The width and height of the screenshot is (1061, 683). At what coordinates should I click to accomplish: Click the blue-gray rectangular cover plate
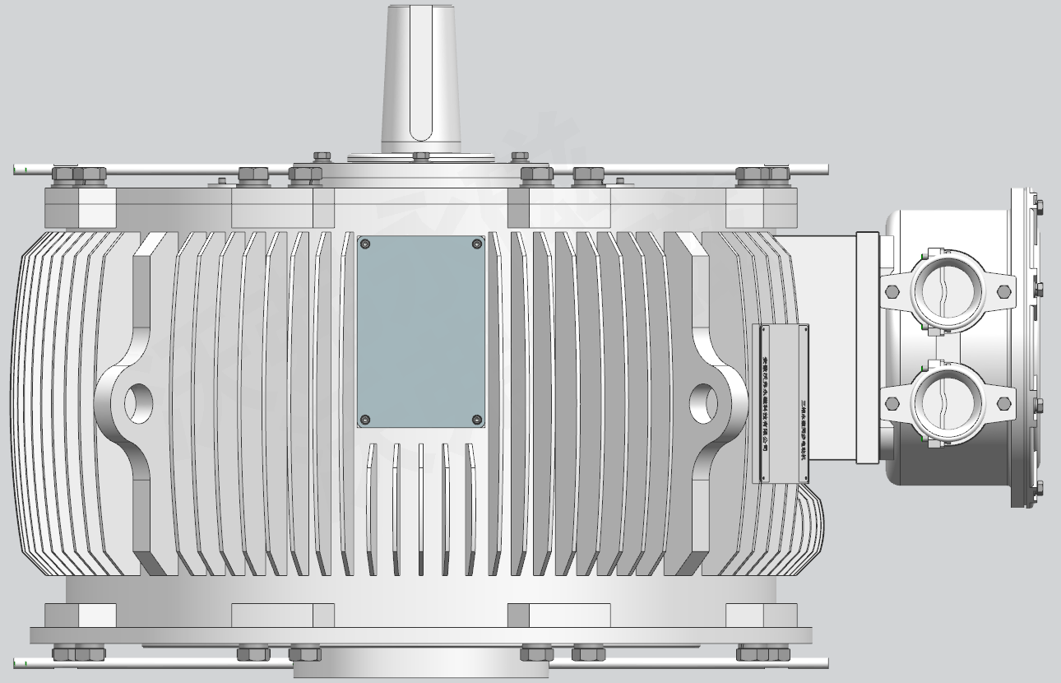421,332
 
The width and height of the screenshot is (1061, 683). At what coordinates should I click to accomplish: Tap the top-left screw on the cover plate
365,244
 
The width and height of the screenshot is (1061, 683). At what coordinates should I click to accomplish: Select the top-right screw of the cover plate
477,244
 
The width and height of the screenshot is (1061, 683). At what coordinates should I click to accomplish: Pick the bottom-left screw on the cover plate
365,420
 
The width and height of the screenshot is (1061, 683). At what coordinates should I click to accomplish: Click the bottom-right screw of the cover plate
477,420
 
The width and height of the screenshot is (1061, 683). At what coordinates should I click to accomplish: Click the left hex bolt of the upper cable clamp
892,291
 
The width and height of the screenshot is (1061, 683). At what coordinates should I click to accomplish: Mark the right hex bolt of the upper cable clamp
1003,291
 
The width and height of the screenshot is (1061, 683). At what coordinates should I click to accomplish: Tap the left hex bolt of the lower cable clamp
892,403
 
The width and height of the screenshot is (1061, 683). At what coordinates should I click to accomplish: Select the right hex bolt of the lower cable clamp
1003,403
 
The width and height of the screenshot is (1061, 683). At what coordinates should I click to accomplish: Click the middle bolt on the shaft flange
421,156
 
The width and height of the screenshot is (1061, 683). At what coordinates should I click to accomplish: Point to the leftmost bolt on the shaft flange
322,155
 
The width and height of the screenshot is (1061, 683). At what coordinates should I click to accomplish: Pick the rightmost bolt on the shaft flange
520,155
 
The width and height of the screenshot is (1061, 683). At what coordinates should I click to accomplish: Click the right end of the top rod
824,170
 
